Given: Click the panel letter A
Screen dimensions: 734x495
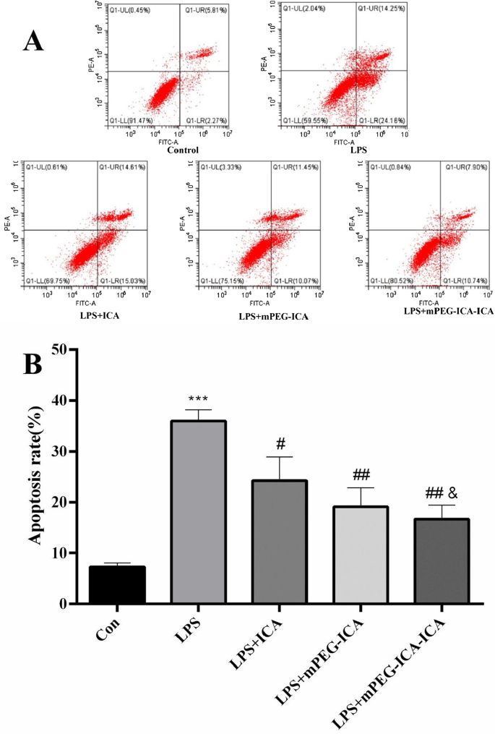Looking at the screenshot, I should (x=33, y=40).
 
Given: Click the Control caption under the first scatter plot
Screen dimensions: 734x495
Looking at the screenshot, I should (x=183, y=150).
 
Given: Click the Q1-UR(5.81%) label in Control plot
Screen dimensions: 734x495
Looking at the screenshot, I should (x=205, y=10).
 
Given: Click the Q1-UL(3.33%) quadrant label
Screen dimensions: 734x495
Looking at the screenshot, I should (x=220, y=168).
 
